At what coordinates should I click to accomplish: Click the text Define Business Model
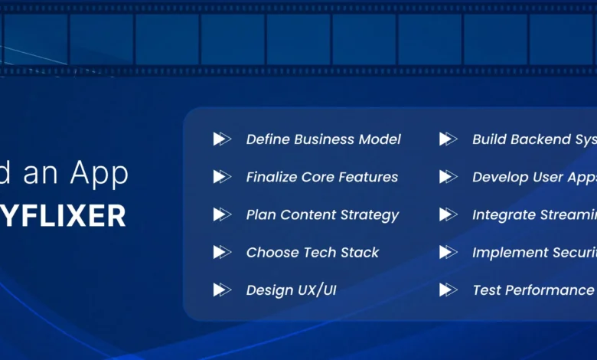click(323, 139)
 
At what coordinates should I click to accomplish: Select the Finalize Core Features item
click(321, 177)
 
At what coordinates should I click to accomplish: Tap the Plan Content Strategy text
click(322, 215)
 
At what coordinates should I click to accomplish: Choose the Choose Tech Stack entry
click(312, 253)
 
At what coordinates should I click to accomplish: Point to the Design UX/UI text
click(291, 290)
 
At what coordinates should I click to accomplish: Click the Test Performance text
click(533, 290)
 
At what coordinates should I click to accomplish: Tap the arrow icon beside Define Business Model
click(221, 139)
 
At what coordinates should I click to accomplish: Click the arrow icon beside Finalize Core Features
click(221, 177)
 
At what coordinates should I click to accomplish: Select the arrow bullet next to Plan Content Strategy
click(221, 214)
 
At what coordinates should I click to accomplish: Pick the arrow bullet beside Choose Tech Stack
click(221, 252)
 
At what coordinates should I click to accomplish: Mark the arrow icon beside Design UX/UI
click(221, 290)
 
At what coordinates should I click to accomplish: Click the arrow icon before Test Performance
click(448, 290)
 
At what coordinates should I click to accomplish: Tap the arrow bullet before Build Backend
click(448, 139)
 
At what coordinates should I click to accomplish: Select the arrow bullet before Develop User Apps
click(448, 177)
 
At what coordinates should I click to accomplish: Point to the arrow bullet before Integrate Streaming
click(448, 214)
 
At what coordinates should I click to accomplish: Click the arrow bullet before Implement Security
click(448, 252)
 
